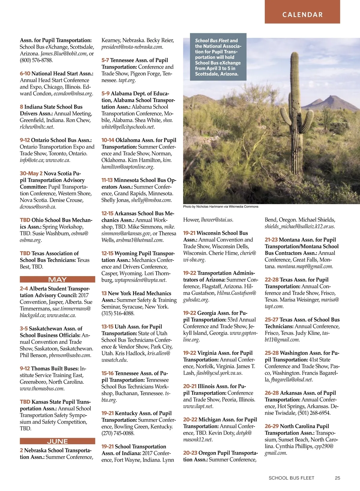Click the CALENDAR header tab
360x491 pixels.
pos(302,14)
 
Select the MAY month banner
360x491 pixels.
pos(57,279)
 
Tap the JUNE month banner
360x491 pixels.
pos(57,441)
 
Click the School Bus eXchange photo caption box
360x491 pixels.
pos(218,57)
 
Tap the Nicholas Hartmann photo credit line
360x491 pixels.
pos(220,207)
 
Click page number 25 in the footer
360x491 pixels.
pos(337,478)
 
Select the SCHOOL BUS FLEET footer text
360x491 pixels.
pos(291,478)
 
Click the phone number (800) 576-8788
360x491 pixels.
pos(36,60)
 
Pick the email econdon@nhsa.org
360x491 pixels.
pos(73,94)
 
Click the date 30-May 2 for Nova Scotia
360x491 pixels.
pos(31,173)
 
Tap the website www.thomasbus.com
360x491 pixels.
pos(42,388)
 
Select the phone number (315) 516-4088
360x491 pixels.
pos(118,313)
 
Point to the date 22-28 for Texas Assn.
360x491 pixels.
pos(271,280)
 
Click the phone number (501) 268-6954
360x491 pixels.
pos(314,413)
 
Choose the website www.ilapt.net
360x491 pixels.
pos(198,406)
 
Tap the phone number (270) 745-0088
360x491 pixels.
pos(118,433)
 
